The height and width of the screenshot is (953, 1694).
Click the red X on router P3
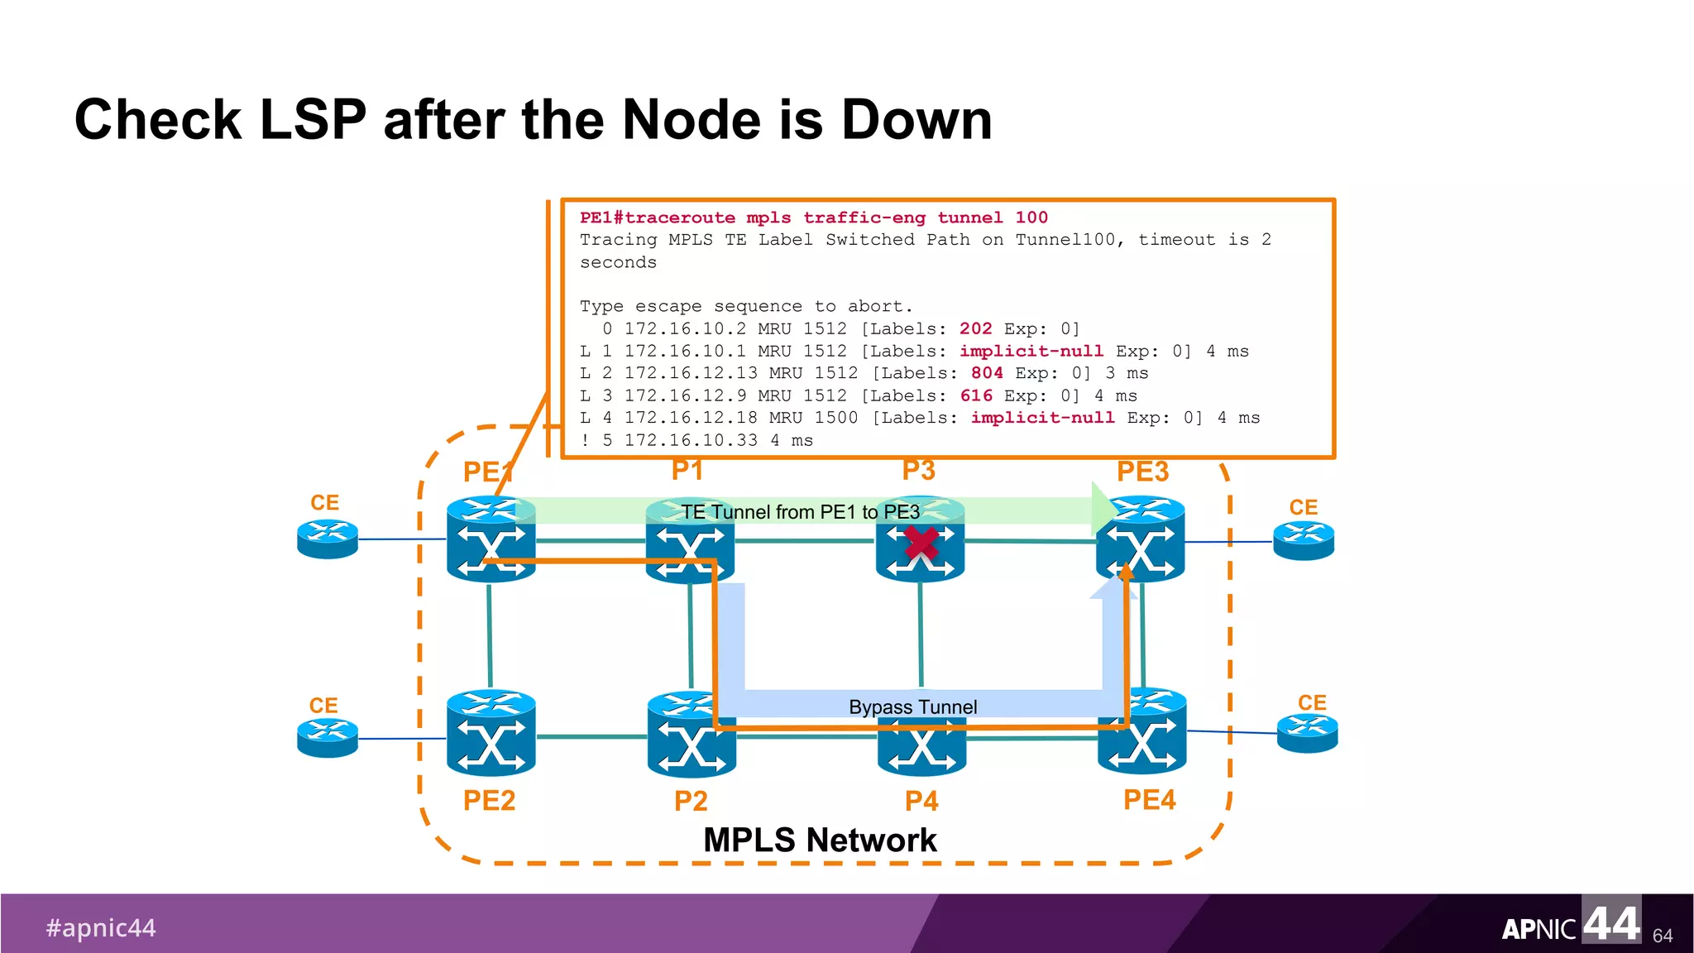click(921, 544)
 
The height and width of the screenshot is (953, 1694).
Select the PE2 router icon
click(490, 733)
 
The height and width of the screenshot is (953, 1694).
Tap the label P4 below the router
click(921, 801)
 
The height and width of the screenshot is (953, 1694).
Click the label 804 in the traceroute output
click(987, 373)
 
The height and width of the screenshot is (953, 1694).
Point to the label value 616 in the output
click(976, 395)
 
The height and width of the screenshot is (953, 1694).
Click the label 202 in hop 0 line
click(975, 328)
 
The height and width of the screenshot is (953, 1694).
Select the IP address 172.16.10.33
click(691, 440)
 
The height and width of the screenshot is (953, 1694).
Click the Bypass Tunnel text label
click(912, 707)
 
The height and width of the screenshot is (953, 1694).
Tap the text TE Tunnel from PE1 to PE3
click(800, 512)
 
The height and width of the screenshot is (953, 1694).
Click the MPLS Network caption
click(819, 840)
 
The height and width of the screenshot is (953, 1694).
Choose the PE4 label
click(1149, 800)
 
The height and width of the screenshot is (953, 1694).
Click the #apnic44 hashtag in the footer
click(101, 927)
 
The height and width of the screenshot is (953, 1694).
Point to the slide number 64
click(1663, 936)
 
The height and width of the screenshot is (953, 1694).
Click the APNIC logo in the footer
click(1570, 922)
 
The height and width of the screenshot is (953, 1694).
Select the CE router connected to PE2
click(328, 738)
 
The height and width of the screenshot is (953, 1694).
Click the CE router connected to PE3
click(1304, 541)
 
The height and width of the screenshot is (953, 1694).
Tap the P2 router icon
click(691, 735)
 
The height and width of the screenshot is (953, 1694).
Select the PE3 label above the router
click(1142, 472)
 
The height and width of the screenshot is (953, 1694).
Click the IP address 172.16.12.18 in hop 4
click(691, 418)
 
